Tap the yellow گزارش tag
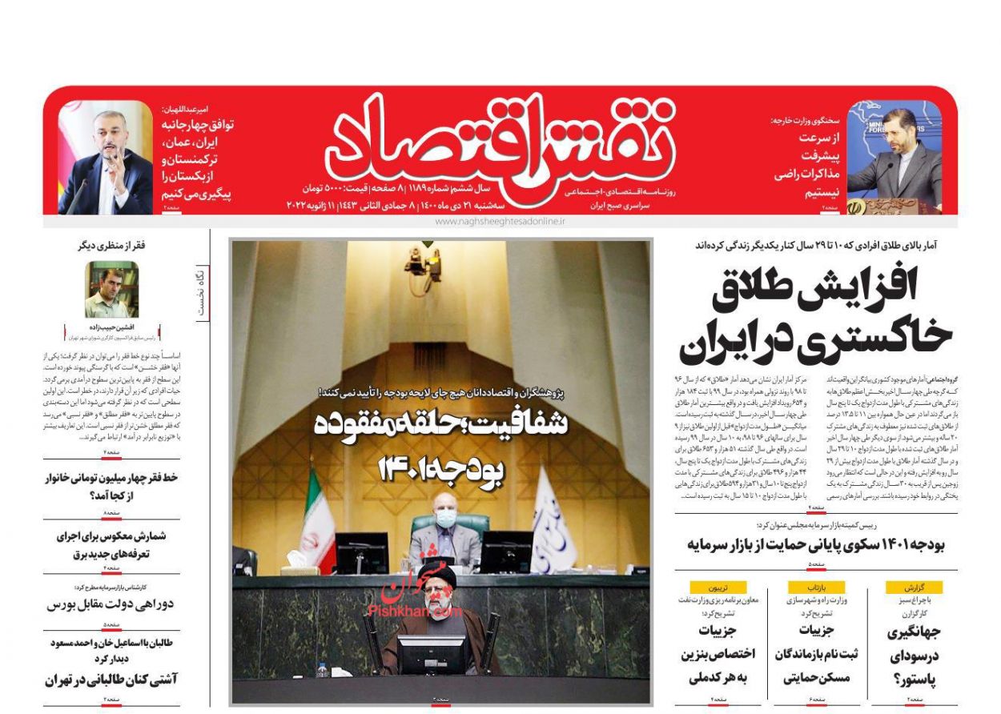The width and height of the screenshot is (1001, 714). pos(914,587)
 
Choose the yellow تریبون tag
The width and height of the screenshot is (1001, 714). pos(718,587)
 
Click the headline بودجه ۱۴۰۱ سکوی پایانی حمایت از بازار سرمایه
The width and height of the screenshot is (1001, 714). pos(816,545)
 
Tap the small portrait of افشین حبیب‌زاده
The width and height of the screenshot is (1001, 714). pos(111,289)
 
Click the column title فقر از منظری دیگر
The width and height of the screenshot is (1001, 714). pos(111,246)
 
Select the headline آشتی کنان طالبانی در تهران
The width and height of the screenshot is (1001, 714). pos(111,680)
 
